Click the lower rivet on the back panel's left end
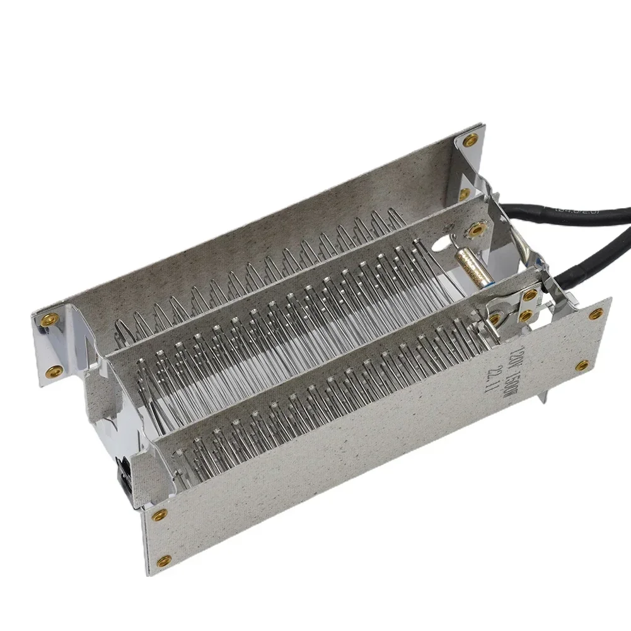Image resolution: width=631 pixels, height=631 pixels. (55, 370)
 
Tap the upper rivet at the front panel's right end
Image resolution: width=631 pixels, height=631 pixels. (595, 313)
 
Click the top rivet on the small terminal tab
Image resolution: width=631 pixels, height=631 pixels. (530, 295)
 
